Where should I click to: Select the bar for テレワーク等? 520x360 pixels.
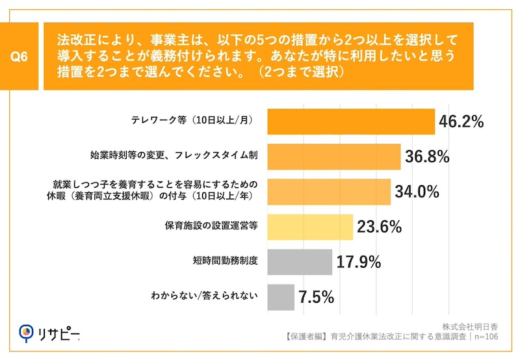click(x=351, y=122)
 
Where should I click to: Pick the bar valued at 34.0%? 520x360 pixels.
click(x=329, y=192)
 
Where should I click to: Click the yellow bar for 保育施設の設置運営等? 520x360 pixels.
click(x=310, y=227)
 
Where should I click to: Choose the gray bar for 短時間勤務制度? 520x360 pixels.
click(x=300, y=263)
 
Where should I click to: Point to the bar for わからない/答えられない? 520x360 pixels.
click(x=281, y=298)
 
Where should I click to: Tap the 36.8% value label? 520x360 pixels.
click(x=426, y=157)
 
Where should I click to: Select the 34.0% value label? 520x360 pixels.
click(x=416, y=192)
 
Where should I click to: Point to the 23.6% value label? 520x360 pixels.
click(x=378, y=227)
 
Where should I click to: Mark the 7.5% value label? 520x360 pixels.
click(x=316, y=298)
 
